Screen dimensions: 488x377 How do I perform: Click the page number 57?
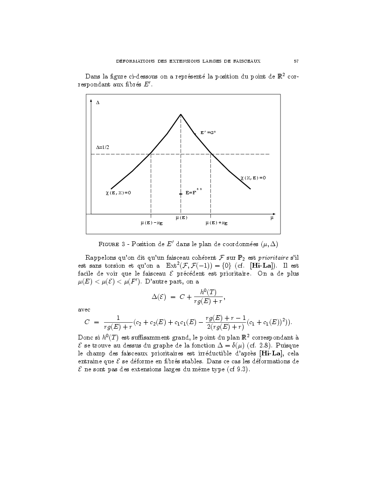[x=296, y=61]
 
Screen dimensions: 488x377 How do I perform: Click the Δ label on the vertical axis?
[x=98, y=102]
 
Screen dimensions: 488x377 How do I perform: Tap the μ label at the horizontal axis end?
[x=272, y=218]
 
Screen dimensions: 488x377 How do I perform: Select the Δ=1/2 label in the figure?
[x=103, y=147]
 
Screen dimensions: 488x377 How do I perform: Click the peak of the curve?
[x=181, y=114]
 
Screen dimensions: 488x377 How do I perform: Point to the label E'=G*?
[x=208, y=133]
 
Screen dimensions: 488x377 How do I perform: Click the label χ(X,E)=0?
[x=253, y=178]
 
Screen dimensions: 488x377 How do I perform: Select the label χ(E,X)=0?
[x=118, y=192]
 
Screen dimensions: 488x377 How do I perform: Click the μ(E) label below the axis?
[x=181, y=218]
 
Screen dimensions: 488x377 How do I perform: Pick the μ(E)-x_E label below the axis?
[x=152, y=223]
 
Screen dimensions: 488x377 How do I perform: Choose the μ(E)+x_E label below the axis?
[x=216, y=223]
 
